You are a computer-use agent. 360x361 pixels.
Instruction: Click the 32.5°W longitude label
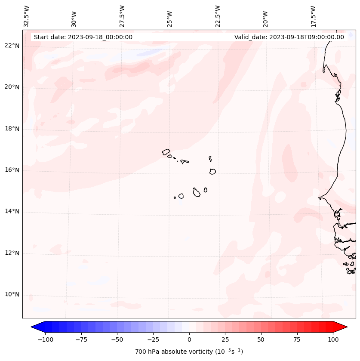(27, 16)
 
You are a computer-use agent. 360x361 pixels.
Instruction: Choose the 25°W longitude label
(170, 16)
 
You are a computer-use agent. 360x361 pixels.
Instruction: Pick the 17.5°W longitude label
(313, 16)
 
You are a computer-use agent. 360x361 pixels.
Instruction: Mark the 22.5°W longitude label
(218, 16)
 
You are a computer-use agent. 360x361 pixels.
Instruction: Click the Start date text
(83, 37)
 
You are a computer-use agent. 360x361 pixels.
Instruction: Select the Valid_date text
(289, 37)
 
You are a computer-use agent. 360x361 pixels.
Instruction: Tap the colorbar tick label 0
(189, 340)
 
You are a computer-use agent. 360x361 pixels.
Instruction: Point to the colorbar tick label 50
(261, 340)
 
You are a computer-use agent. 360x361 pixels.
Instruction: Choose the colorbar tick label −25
(153, 340)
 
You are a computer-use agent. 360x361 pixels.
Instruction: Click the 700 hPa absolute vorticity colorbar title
(189, 352)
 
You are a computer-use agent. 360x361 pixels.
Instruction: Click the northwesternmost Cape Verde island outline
(166, 152)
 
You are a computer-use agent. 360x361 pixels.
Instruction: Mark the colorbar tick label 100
(332, 340)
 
